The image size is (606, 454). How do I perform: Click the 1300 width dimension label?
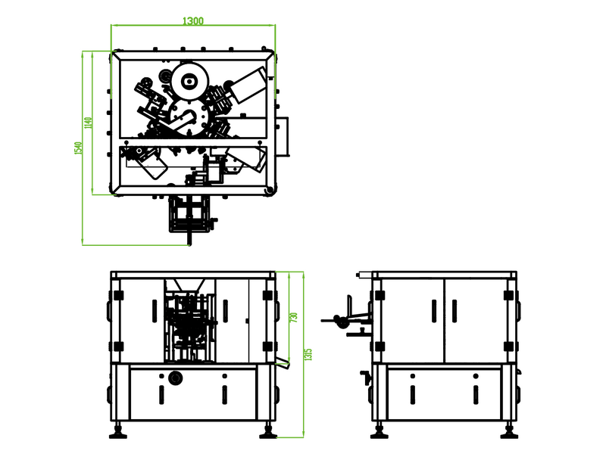(193, 21)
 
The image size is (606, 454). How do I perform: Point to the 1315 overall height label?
(306, 355)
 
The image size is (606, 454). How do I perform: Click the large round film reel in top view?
(189, 79)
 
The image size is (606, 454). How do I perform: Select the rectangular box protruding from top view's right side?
(283, 136)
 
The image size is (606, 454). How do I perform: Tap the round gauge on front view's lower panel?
(176, 378)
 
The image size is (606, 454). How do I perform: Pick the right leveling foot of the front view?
(268, 434)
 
